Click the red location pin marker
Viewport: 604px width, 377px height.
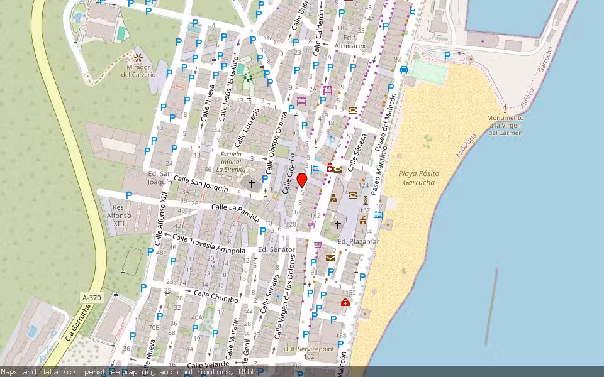tap(302, 181)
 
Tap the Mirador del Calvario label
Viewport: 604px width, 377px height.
tap(138, 70)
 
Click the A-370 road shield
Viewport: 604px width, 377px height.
tap(92, 297)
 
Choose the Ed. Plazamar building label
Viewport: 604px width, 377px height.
tap(359, 241)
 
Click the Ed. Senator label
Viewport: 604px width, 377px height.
tap(276, 249)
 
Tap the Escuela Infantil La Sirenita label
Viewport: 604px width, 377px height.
tap(231, 161)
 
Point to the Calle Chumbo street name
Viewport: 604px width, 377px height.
tap(216, 297)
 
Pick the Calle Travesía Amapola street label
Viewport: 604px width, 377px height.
tap(209, 244)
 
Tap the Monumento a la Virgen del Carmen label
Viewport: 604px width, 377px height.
tap(505, 125)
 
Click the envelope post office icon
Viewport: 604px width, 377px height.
tap(330, 258)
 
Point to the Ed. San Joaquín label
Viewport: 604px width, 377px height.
tap(160, 178)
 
